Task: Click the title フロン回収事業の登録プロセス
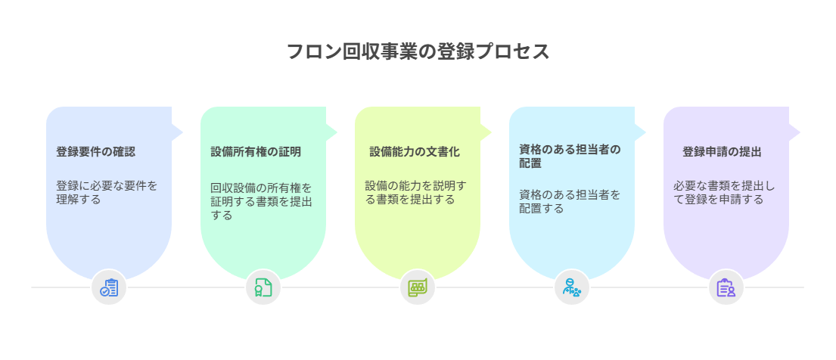tap(418, 51)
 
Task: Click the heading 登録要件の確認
tap(96, 152)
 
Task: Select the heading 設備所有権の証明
tap(256, 152)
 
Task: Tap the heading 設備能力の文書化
tap(415, 152)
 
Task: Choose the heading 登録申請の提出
tap(722, 152)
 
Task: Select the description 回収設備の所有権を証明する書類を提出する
tap(261, 202)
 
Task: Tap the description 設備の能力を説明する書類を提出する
tap(416, 193)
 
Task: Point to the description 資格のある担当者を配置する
tap(570, 202)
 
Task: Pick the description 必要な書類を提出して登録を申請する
tap(724, 193)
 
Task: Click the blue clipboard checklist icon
tap(109, 287)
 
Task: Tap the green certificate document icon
tap(263, 287)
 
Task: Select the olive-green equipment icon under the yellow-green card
tap(418, 287)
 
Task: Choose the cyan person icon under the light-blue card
tap(572, 287)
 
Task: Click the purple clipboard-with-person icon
tap(726, 287)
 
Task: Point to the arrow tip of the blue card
tap(183, 132)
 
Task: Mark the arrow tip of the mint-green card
tap(337, 132)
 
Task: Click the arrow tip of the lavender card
tap(800, 132)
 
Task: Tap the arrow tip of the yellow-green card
tap(492, 132)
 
